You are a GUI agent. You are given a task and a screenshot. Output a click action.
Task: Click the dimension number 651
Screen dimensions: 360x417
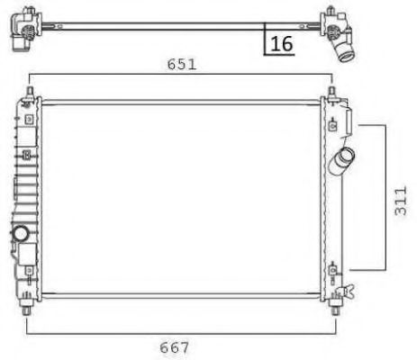(x=180, y=64)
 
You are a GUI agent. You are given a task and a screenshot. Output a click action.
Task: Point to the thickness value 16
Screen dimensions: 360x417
(x=281, y=42)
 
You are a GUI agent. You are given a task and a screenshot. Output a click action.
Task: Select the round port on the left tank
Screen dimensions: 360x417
(x=20, y=234)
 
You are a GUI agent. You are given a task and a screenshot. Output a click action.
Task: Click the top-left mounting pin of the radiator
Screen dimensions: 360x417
(x=30, y=93)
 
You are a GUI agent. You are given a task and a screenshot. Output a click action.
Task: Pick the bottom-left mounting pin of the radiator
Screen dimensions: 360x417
(x=30, y=307)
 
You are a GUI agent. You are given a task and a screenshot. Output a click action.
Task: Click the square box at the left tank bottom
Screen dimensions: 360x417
(x=25, y=255)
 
